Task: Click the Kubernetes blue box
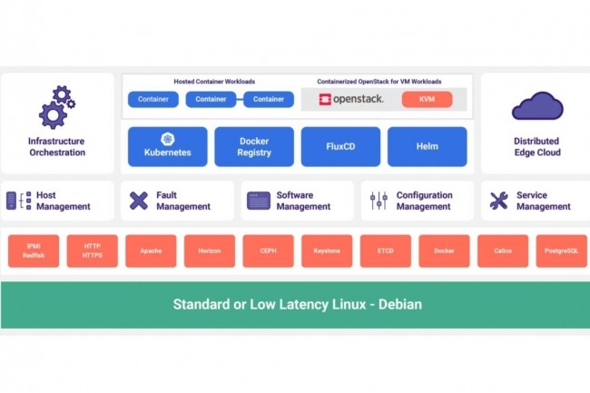point(167,146)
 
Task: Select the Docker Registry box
point(254,146)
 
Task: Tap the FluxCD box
point(340,146)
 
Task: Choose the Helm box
point(427,146)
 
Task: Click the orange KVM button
point(427,99)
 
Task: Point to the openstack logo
point(351,99)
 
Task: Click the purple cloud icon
point(536,107)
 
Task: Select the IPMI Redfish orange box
point(34,251)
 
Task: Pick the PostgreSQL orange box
point(561,251)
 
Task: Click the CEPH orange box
point(268,251)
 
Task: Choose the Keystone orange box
point(327,251)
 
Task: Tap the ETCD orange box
point(385,251)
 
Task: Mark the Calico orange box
point(503,251)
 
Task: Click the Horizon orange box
point(209,251)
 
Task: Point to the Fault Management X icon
point(139,201)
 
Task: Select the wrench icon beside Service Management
point(498,201)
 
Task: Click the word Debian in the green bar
point(395,304)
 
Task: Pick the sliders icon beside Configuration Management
point(379,201)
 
